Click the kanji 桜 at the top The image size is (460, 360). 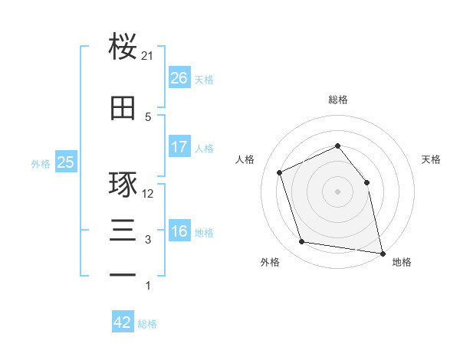point(123,46)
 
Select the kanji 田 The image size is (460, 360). point(123,108)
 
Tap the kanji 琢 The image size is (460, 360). point(123,184)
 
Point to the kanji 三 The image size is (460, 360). point(123,230)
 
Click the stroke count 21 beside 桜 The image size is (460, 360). point(146,56)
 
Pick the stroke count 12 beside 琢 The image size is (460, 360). point(147,194)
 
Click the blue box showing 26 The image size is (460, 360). point(179,77)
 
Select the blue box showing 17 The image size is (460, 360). point(179,146)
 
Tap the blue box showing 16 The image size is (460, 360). point(179,230)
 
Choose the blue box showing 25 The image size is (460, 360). point(66,162)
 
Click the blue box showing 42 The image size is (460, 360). point(123,321)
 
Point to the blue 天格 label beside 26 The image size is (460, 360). point(204,80)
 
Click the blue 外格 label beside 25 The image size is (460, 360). point(41,164)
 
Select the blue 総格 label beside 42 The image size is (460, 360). point(147,324)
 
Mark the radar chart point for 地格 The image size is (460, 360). point(383,254)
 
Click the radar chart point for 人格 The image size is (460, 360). point(279,172)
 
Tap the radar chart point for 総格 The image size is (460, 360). point(337,146)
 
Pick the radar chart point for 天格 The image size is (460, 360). point(366,182)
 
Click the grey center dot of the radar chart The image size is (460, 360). point(337,191)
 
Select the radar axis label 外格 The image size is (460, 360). point(270,262)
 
